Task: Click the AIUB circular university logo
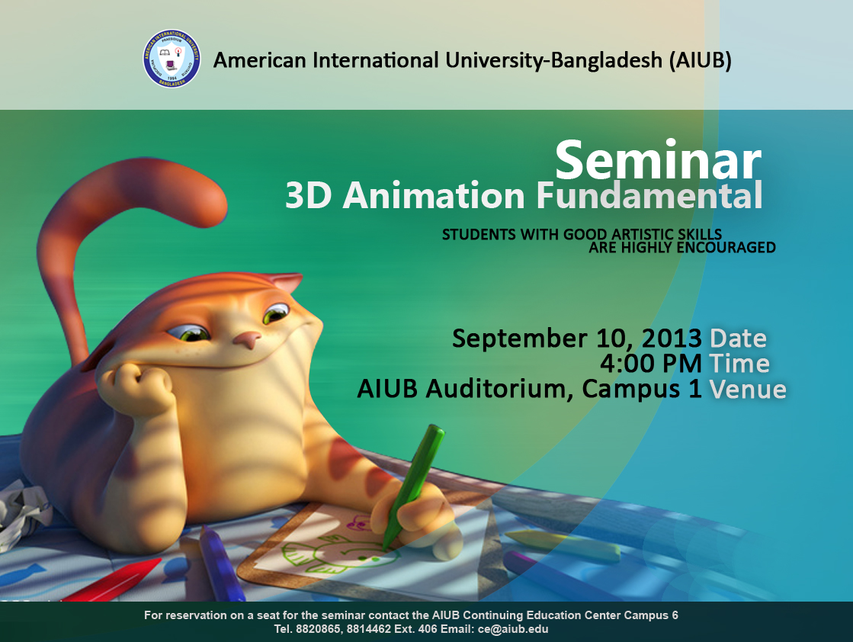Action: click(172, 59)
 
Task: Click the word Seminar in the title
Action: click(658, 160)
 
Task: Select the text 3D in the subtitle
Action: click(308, 195)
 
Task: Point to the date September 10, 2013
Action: click(576, 339)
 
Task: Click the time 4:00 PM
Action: click(651, 364)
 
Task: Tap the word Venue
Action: click(748, 389)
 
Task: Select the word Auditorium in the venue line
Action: click(499, 389)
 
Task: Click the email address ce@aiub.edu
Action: click(513, 630)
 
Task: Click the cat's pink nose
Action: click(248, 340)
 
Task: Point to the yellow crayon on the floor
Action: click(563, 546)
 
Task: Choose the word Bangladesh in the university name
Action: click(607, 59)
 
